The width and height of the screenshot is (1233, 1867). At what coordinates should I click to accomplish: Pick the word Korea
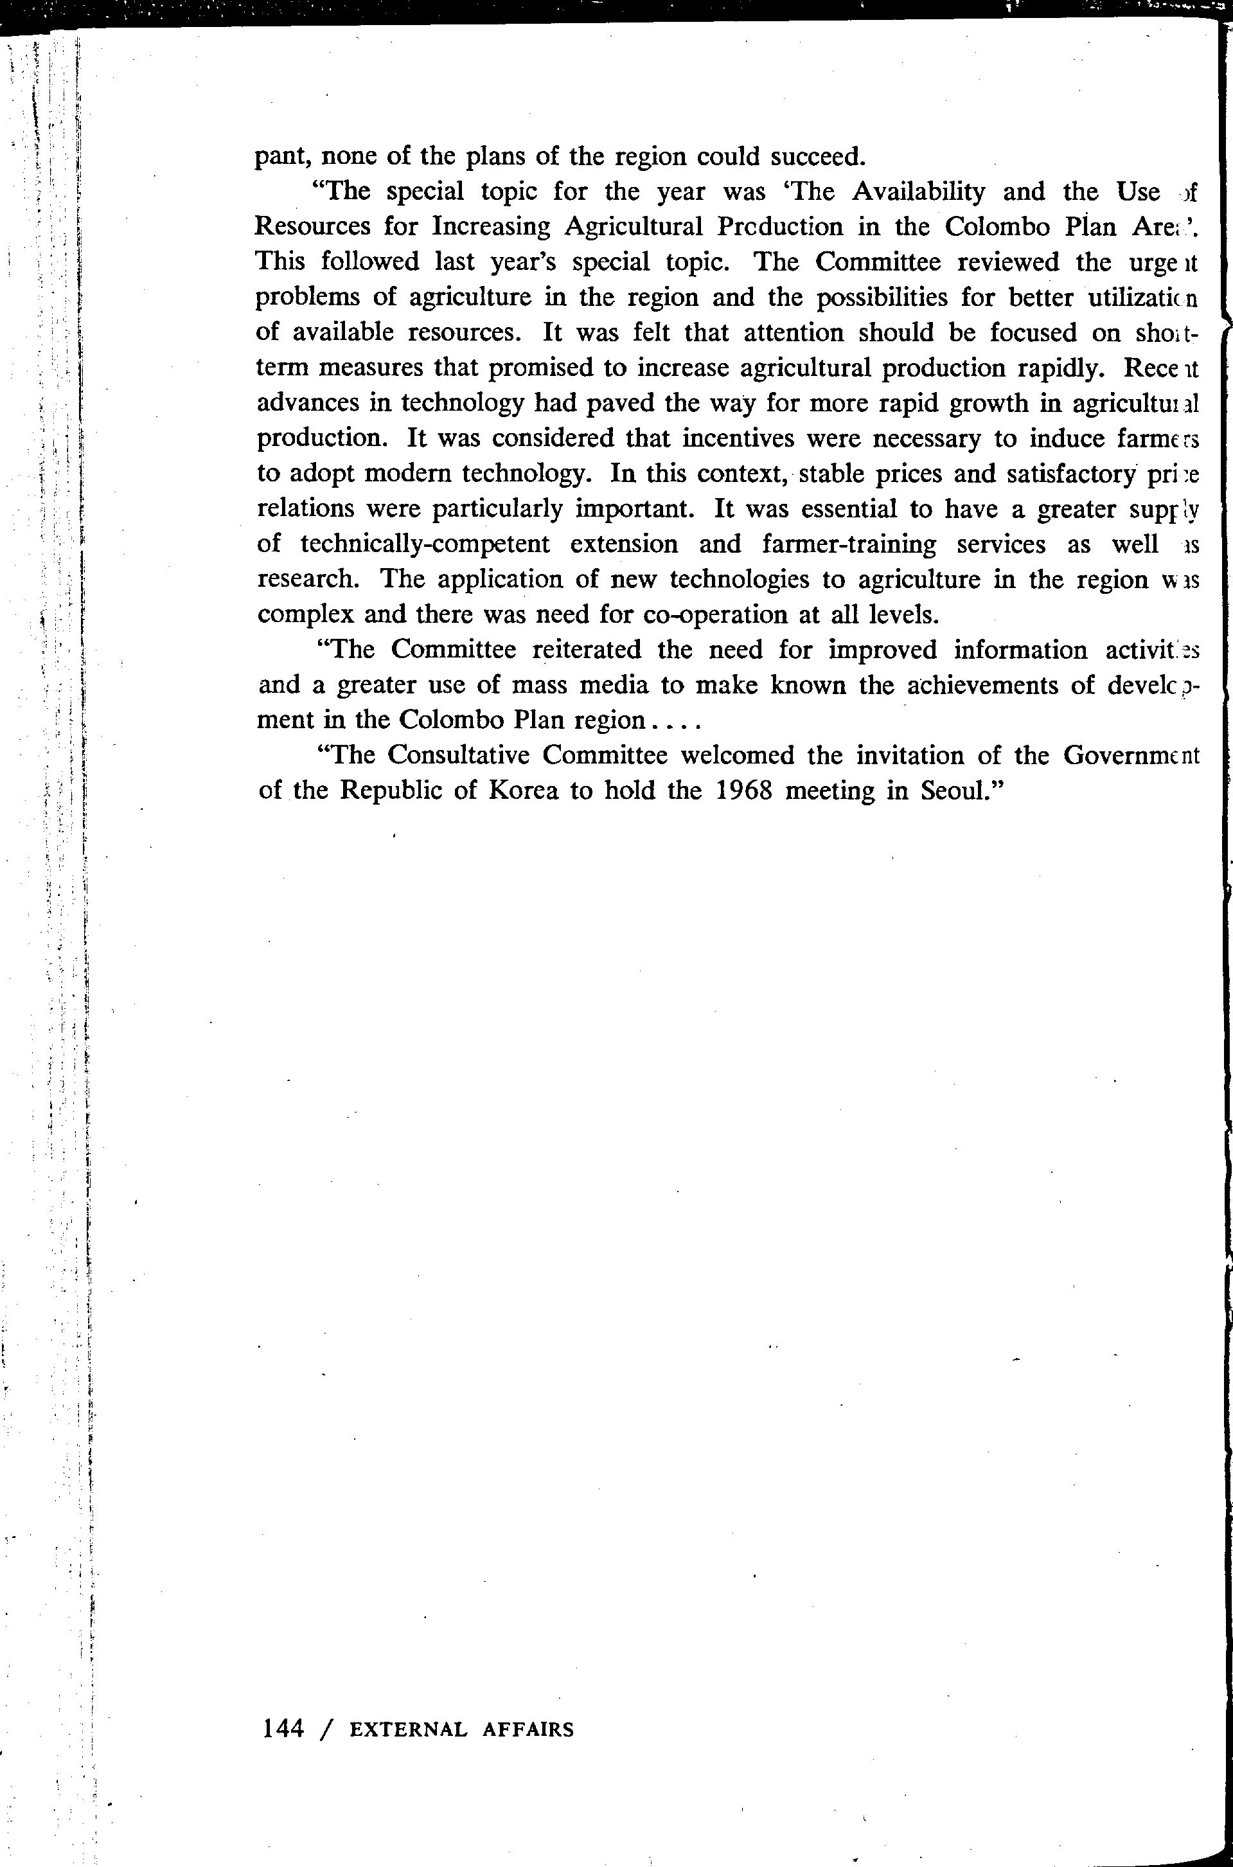523,790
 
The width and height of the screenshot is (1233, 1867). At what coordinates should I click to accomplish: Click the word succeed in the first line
817,157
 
